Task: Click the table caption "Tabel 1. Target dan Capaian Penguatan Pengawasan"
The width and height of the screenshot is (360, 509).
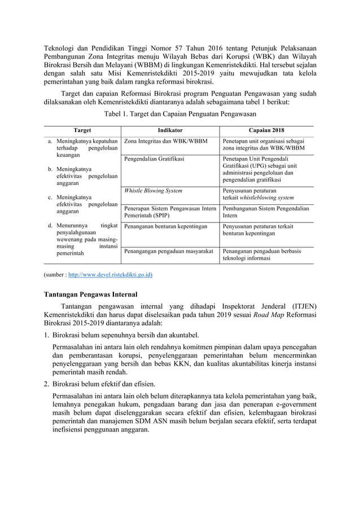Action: coord(179,113)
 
